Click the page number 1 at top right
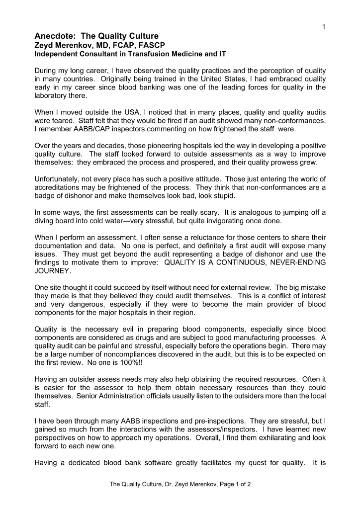[323, 26]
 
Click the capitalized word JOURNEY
[53, 271]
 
